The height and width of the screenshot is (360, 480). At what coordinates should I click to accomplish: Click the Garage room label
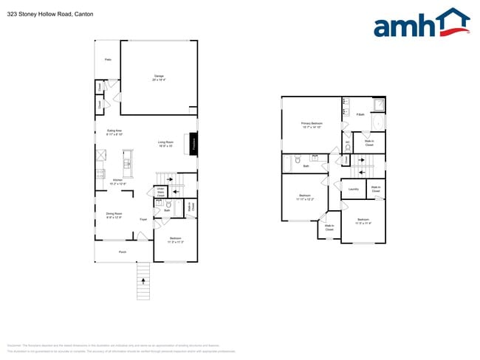(159, 77)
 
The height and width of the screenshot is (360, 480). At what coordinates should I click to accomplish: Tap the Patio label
(107, 59)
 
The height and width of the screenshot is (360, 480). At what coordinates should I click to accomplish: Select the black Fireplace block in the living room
(193, 144)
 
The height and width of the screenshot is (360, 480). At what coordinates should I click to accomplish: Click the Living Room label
(165, 144)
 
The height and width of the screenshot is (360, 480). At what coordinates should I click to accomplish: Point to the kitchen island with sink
(127, 167)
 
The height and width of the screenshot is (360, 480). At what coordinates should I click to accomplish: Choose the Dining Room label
(114, 215)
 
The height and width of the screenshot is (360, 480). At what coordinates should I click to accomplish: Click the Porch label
(123, 252)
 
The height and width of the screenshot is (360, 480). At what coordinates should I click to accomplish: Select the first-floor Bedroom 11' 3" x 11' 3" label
(176, 240)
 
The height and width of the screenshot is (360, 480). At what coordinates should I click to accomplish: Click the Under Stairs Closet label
(160, 192)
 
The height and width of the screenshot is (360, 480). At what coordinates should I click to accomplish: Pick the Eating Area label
(114, 133)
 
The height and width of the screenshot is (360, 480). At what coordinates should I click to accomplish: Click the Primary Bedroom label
(312, 125)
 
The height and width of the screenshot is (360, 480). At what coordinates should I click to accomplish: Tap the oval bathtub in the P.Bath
(379, 122)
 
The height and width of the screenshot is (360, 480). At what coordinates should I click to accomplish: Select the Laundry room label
(353, 190)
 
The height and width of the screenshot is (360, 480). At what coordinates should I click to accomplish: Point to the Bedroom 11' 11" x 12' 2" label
(305, 197)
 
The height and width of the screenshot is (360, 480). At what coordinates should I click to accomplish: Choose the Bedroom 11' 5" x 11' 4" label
(363, 221)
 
